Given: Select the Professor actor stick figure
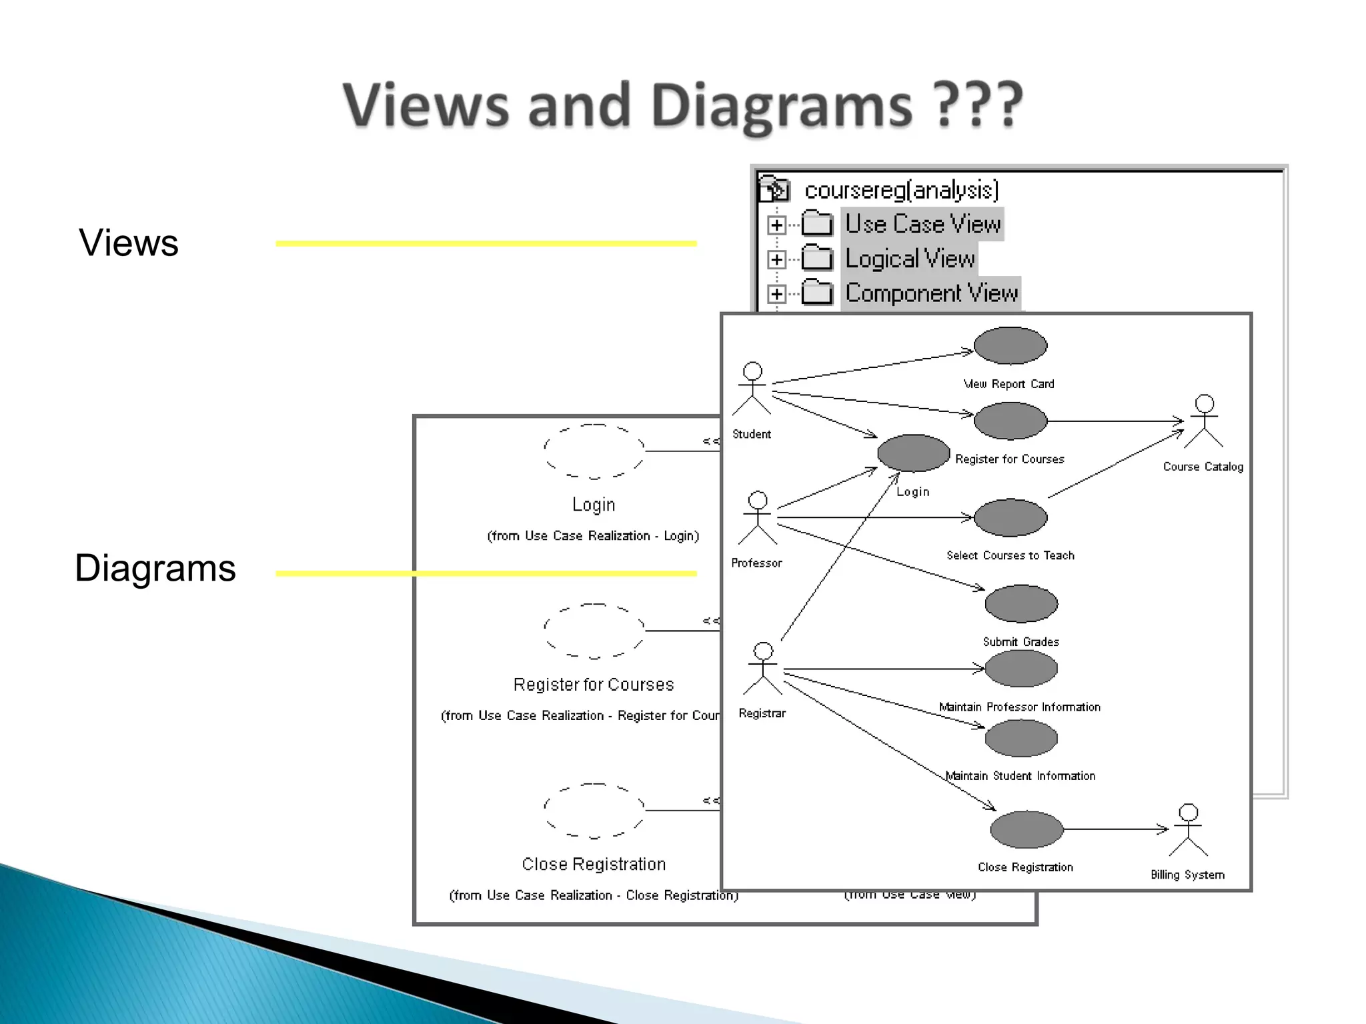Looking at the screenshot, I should coord(758,518).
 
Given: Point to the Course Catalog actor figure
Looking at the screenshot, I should coord(1204,421).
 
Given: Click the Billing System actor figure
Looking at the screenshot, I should coord(1188,830).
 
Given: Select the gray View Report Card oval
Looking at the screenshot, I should coord(1010,346).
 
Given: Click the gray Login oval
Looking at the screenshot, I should coord(913,453).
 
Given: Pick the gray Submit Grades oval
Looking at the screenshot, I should coord(1021,604).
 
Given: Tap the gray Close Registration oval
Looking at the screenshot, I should coord(1027,829).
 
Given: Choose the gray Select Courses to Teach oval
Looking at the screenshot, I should coord(1010,517).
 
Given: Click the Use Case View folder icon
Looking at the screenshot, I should coord(817,224).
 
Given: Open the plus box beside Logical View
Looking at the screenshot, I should coord(776,259).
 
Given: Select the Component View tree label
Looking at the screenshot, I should coord(931,293).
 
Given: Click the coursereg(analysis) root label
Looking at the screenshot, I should coord(901,191).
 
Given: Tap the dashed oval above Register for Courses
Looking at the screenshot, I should coord(594,631).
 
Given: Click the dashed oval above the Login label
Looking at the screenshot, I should coord(594,451).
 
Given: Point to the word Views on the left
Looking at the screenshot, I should coord(129,243).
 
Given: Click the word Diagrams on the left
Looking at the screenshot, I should coord(155,568).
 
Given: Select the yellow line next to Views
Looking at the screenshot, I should coord(486,244).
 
